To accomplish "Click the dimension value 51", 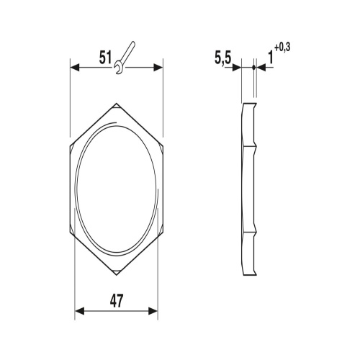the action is pyautogui.click(x=106, y=58).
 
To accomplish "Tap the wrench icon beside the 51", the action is pyautogui.click(x=124, y=58).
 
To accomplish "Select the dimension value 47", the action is pyautogui.click(x=117, y=301).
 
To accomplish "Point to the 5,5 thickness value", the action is pyautogui.click(x=222, y=58).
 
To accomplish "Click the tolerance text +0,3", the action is pyautogui.click(x=282, y=48).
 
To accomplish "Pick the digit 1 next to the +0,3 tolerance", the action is pyautogui.click(x=271, y=58).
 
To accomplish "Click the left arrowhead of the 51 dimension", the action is pyautogui.click(x=74, y=68).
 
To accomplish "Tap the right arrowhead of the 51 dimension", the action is pyautogui.click(x=158, y=68).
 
